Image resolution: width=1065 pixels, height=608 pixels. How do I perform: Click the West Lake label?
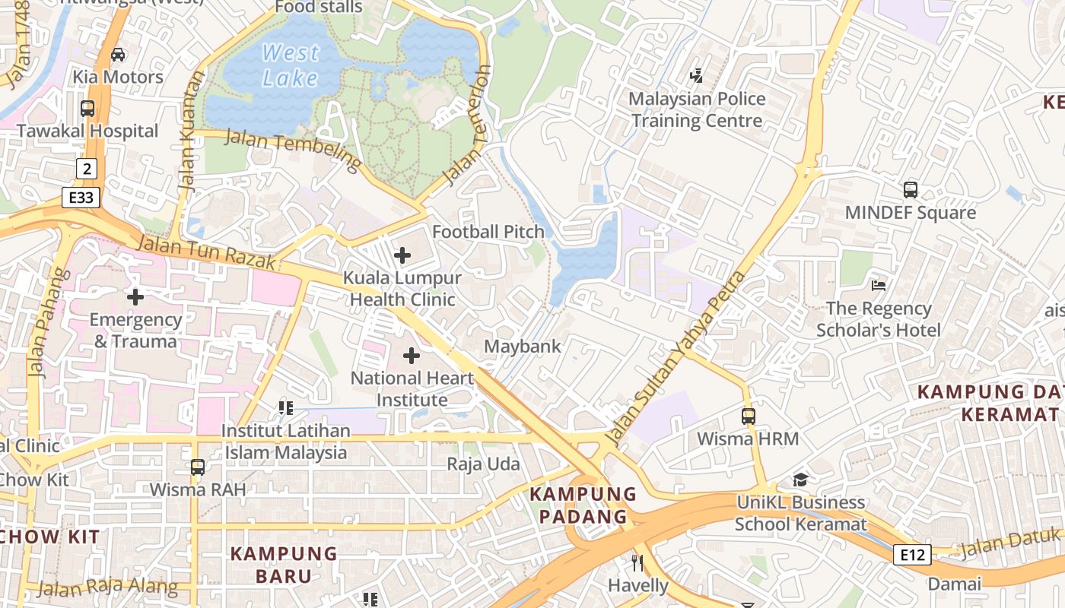[290, 65]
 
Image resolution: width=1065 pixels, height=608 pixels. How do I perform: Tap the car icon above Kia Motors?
[118, 55]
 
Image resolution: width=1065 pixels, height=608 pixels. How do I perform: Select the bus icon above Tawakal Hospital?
[87, 109]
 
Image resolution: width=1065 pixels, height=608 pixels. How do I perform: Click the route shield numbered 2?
[87, 169]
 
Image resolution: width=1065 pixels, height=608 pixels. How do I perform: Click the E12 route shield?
[911, 555]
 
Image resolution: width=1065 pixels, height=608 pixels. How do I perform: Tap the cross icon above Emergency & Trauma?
[135, 296]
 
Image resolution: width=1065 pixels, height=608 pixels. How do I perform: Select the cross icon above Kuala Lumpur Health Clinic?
[402, 255]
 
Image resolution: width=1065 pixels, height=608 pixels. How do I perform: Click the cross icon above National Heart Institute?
[412, 355]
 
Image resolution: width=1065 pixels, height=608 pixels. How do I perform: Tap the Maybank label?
[523, 347]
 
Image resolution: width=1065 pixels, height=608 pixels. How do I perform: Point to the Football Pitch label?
[488, 232]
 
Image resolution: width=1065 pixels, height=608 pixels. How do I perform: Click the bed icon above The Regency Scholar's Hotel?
[879, 286]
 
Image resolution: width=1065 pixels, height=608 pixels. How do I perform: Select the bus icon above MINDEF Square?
[911, 190]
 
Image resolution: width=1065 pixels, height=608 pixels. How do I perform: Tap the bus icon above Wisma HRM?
[749, 416]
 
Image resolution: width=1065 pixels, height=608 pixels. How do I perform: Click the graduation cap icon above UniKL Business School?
[800, 480]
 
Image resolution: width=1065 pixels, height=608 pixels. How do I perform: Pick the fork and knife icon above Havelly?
[637, 563]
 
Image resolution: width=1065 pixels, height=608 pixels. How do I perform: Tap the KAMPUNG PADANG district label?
[583, 505]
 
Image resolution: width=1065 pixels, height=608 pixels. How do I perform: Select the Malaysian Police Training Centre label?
[697, 109]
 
